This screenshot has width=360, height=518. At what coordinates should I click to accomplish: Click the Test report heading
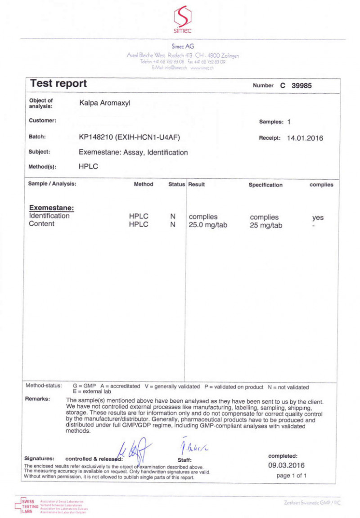coord(58,84)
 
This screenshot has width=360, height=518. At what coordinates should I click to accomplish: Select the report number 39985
coord(301,85)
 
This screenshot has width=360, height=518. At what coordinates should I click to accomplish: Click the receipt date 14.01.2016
coord(305,138)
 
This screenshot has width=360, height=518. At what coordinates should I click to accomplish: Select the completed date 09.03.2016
coord(287,465)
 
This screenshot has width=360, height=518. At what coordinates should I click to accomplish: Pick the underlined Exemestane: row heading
coord(51,208)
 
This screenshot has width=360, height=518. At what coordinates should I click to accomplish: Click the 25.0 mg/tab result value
coord(208,225)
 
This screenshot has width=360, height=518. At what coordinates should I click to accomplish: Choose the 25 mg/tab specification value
coord(266,226)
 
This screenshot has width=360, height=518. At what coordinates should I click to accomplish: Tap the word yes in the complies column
coord(318,218)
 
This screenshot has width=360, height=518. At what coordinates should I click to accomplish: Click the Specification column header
coord(265,185)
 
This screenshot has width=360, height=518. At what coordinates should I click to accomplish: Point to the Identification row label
coord(49,216)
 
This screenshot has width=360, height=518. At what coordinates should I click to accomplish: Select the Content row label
coord(41,224)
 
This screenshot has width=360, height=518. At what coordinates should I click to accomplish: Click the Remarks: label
coord(38,399)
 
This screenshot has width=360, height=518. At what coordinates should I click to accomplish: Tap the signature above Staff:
coord(192,446)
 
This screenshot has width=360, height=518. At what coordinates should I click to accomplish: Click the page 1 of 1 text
coord(292,476)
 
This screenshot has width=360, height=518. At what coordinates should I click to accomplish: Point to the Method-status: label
coord(44,386)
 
